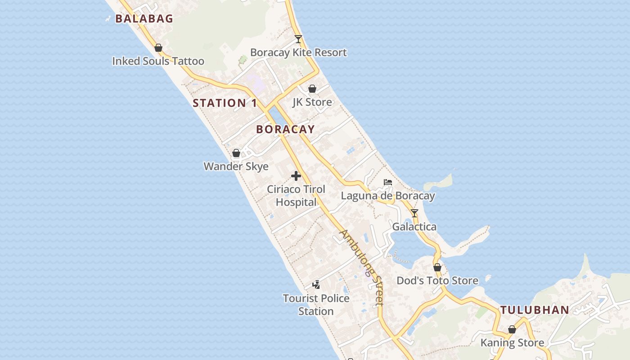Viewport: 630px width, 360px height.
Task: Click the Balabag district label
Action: tap(144, 18)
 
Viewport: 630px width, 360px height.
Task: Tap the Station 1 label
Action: tap(225, 103)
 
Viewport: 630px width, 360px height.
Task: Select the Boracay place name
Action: tap(285, 129)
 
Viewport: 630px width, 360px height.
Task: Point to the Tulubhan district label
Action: tap(535, 310)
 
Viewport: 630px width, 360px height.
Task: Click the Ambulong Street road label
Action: tap(362, 267)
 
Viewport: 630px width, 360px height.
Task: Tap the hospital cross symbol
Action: tap(296, 176)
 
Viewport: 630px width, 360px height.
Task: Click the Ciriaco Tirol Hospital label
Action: tap(296, 196)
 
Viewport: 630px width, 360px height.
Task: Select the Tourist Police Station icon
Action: tap(316, 284)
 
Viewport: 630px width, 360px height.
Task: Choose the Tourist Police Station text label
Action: tap(316, 305)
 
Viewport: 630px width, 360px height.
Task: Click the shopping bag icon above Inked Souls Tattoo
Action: tap(158, 48)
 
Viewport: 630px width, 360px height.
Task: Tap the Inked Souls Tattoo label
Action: tap(158, 61)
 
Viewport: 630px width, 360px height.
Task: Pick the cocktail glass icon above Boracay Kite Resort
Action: tap(298, 39)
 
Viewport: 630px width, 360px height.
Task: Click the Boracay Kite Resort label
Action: tap(298, 53)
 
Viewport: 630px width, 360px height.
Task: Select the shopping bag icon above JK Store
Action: tap(312, 89)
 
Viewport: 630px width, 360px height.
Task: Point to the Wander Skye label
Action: tap(236, 166)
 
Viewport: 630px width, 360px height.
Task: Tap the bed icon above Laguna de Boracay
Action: tap(388, 182)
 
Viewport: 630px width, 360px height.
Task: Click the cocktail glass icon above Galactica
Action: tap(414, 213)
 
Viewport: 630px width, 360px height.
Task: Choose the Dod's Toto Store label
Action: tap(437, 281)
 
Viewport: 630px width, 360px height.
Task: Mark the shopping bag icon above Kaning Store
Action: tap(512, 329)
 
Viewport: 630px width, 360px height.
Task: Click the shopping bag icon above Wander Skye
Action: tap(236, 153)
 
